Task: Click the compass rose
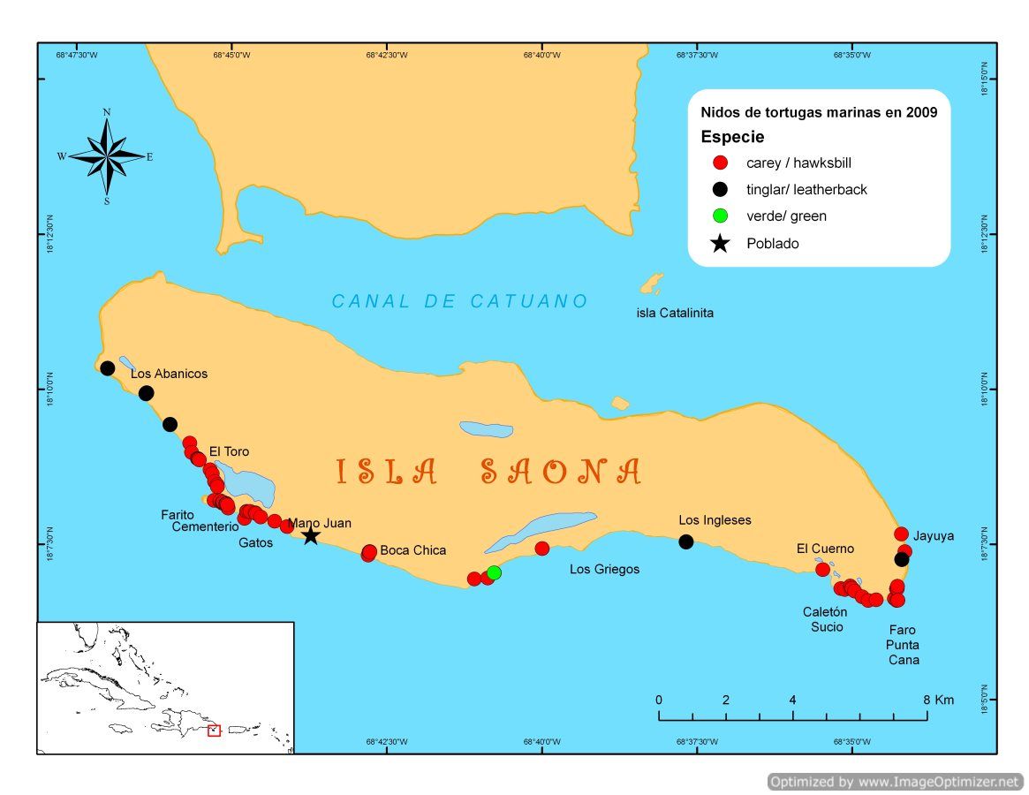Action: pos(107,156)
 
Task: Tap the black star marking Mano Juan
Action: pos(310,536)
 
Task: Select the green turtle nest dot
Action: pos(494,572)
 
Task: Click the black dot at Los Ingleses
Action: pos(686,541)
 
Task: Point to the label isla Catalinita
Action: pos(675,313)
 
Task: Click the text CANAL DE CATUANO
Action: pos(459,301)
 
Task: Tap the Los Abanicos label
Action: pos(169,374)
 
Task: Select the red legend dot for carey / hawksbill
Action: pos(721,163)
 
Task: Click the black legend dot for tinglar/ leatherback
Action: pos(721,189)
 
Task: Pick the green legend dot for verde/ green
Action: pos(721,216)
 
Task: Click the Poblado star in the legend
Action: pos(721,244)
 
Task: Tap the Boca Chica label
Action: pos(412,550)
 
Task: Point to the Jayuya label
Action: pos(934,535)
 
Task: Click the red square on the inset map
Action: pos(214,730)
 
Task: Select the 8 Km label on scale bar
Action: pos(939,700)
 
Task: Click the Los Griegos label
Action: pos(604,570)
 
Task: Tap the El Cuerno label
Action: pos(825,549)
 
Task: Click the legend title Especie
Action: pos(732,137)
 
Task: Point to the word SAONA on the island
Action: pos(561,473)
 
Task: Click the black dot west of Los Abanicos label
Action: pos(108,368)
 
